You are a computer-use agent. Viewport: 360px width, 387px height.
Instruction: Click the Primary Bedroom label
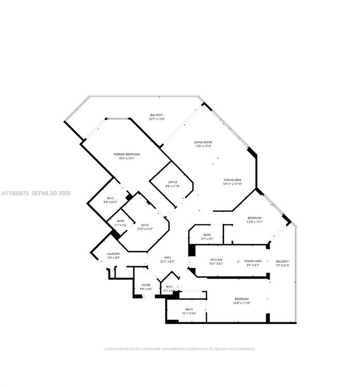127,154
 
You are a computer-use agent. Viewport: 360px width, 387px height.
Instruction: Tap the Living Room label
204,142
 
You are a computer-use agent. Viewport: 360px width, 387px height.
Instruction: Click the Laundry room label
114,254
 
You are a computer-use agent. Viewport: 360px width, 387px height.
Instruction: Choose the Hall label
167,257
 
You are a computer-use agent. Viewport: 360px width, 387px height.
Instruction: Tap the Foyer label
146,285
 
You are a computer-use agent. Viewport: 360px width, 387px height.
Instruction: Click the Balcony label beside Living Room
156,115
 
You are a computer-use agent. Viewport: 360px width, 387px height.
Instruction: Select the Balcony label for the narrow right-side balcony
282,262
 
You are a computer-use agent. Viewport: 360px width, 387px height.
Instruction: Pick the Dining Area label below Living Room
232,180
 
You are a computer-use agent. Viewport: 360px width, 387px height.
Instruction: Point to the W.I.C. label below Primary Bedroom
110,198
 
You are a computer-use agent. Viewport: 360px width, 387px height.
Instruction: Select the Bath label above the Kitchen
207,235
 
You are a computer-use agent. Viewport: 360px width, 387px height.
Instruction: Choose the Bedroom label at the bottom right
242,300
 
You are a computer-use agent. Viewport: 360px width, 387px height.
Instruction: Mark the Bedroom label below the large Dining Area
254,218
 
